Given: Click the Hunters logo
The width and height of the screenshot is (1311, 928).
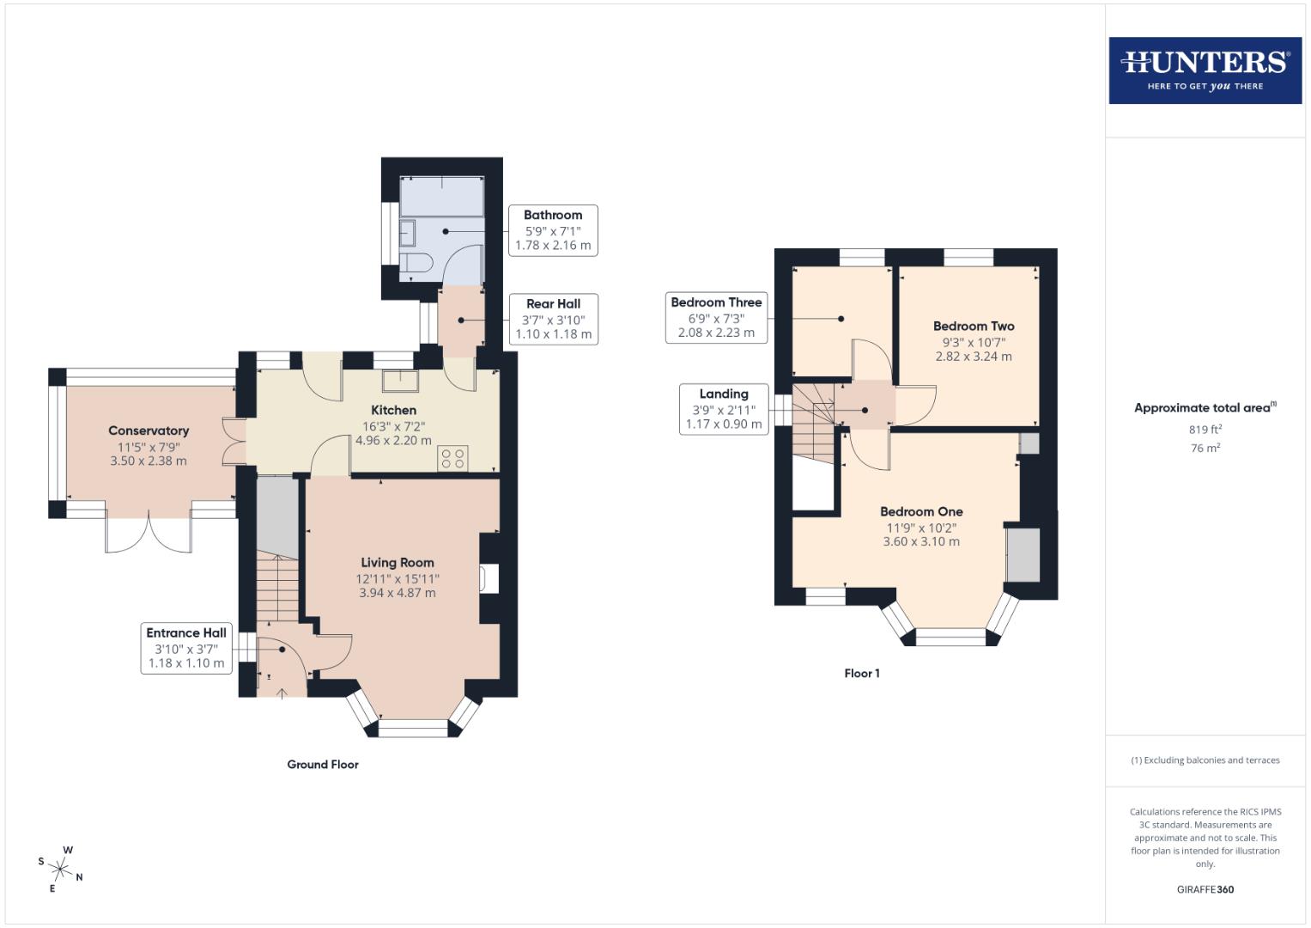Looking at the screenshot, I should (x=1205, y=70).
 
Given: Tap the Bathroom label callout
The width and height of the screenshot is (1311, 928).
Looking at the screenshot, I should (x=553, y=230).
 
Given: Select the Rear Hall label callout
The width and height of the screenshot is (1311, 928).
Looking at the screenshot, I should (x=553, y=319).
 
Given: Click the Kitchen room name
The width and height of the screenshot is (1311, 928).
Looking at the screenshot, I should (x=393, y=411).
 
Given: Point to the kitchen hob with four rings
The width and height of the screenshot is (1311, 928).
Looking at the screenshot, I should (x=452, y=458).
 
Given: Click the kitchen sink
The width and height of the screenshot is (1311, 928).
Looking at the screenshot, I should (x=399, y=379).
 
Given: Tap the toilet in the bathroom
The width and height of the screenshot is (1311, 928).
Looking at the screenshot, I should (x=414, y=264).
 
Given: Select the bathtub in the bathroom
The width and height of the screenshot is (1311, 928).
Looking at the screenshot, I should (x=442, y=197).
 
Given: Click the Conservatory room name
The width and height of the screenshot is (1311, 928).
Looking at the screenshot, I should (x=149, y=430).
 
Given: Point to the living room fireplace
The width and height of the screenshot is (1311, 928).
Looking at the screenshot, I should (x=490, y=578).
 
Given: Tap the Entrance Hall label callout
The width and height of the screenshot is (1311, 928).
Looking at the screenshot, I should (x=186, y=648).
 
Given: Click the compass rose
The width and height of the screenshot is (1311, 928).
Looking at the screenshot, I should (x=61, y=869).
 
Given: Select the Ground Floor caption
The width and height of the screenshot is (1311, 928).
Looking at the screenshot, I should (x=323, y=764).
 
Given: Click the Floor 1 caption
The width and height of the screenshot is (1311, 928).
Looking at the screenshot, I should (x=861, y=674).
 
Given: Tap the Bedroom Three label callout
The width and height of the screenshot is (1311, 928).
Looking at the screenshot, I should (x=716, y=317).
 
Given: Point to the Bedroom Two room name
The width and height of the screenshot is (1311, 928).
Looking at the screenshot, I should (x=974, y=327).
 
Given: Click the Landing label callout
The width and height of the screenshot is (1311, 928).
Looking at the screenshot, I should (x=724, y=409).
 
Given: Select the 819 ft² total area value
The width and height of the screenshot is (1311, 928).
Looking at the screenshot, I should (x=1205, y=429).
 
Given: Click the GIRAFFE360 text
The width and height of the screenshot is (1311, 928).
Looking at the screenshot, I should (x=1205, y=889).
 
